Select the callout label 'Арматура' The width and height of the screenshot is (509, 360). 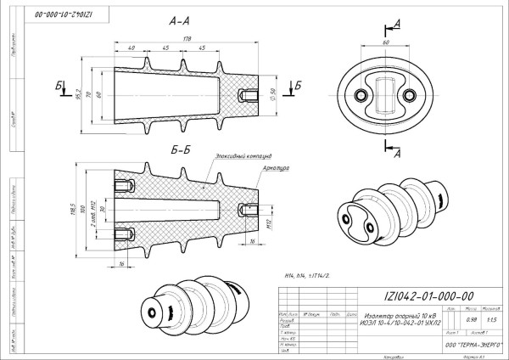click(x=277, y=168)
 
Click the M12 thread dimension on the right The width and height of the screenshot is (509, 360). click(x=268, y=222)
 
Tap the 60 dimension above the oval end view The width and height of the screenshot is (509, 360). click(x=386, y=40)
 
